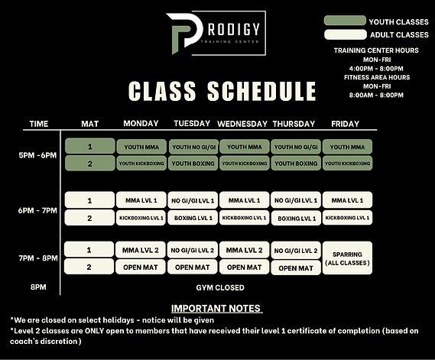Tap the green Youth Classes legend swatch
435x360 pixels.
pos(344,21)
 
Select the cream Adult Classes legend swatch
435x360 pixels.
pos(344,34)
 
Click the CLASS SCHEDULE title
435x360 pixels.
pos(222,92)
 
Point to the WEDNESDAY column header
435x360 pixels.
pos(243,124)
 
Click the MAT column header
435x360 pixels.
pos(89,124)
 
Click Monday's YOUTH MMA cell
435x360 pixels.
pos(141,146)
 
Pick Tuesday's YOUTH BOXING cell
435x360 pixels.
pos(192,163)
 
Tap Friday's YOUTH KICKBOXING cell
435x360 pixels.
pos(348,163)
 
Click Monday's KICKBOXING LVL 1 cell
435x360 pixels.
pos(141,218)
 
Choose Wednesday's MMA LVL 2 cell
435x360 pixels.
pos(244,250)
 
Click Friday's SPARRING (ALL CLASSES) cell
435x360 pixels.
pos(348,258)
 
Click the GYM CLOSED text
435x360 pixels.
pos(220,287)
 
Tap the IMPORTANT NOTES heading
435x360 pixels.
pos(216,308)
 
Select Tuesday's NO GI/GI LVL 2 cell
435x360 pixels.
pos(192,250)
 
